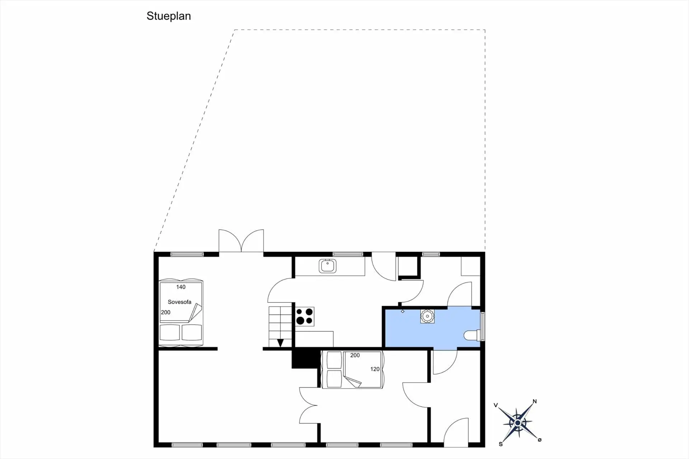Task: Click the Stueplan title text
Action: [169, 16]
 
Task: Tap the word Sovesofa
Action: [179, 302]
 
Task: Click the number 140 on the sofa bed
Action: [181, 287]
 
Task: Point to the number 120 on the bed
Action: [375, 369]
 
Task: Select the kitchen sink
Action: [327, 266]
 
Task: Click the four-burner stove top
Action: [305, 317]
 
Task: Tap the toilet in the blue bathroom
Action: [472, 336]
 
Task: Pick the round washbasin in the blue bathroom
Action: [427, 317]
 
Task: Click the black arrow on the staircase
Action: [280, 343]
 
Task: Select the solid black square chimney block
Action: [305, 359]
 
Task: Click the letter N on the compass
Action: [534, 402]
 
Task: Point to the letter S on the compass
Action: [501, 444]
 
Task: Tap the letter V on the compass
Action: [496, 406]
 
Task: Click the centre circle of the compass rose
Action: [517, 423]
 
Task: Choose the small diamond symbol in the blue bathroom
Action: [403, 312]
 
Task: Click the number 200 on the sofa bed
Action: [165, 313]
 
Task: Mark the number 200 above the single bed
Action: [355, 356]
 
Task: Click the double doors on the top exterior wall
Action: [241, 242]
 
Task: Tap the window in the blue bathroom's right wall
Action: [483, 326]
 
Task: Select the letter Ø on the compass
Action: [539, 440]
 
